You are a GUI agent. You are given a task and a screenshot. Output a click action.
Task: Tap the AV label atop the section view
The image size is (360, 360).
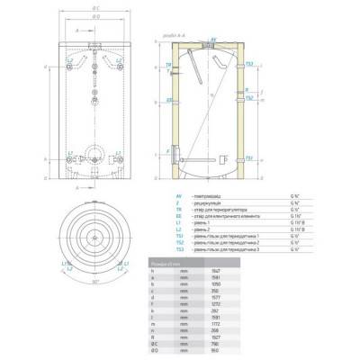213,40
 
